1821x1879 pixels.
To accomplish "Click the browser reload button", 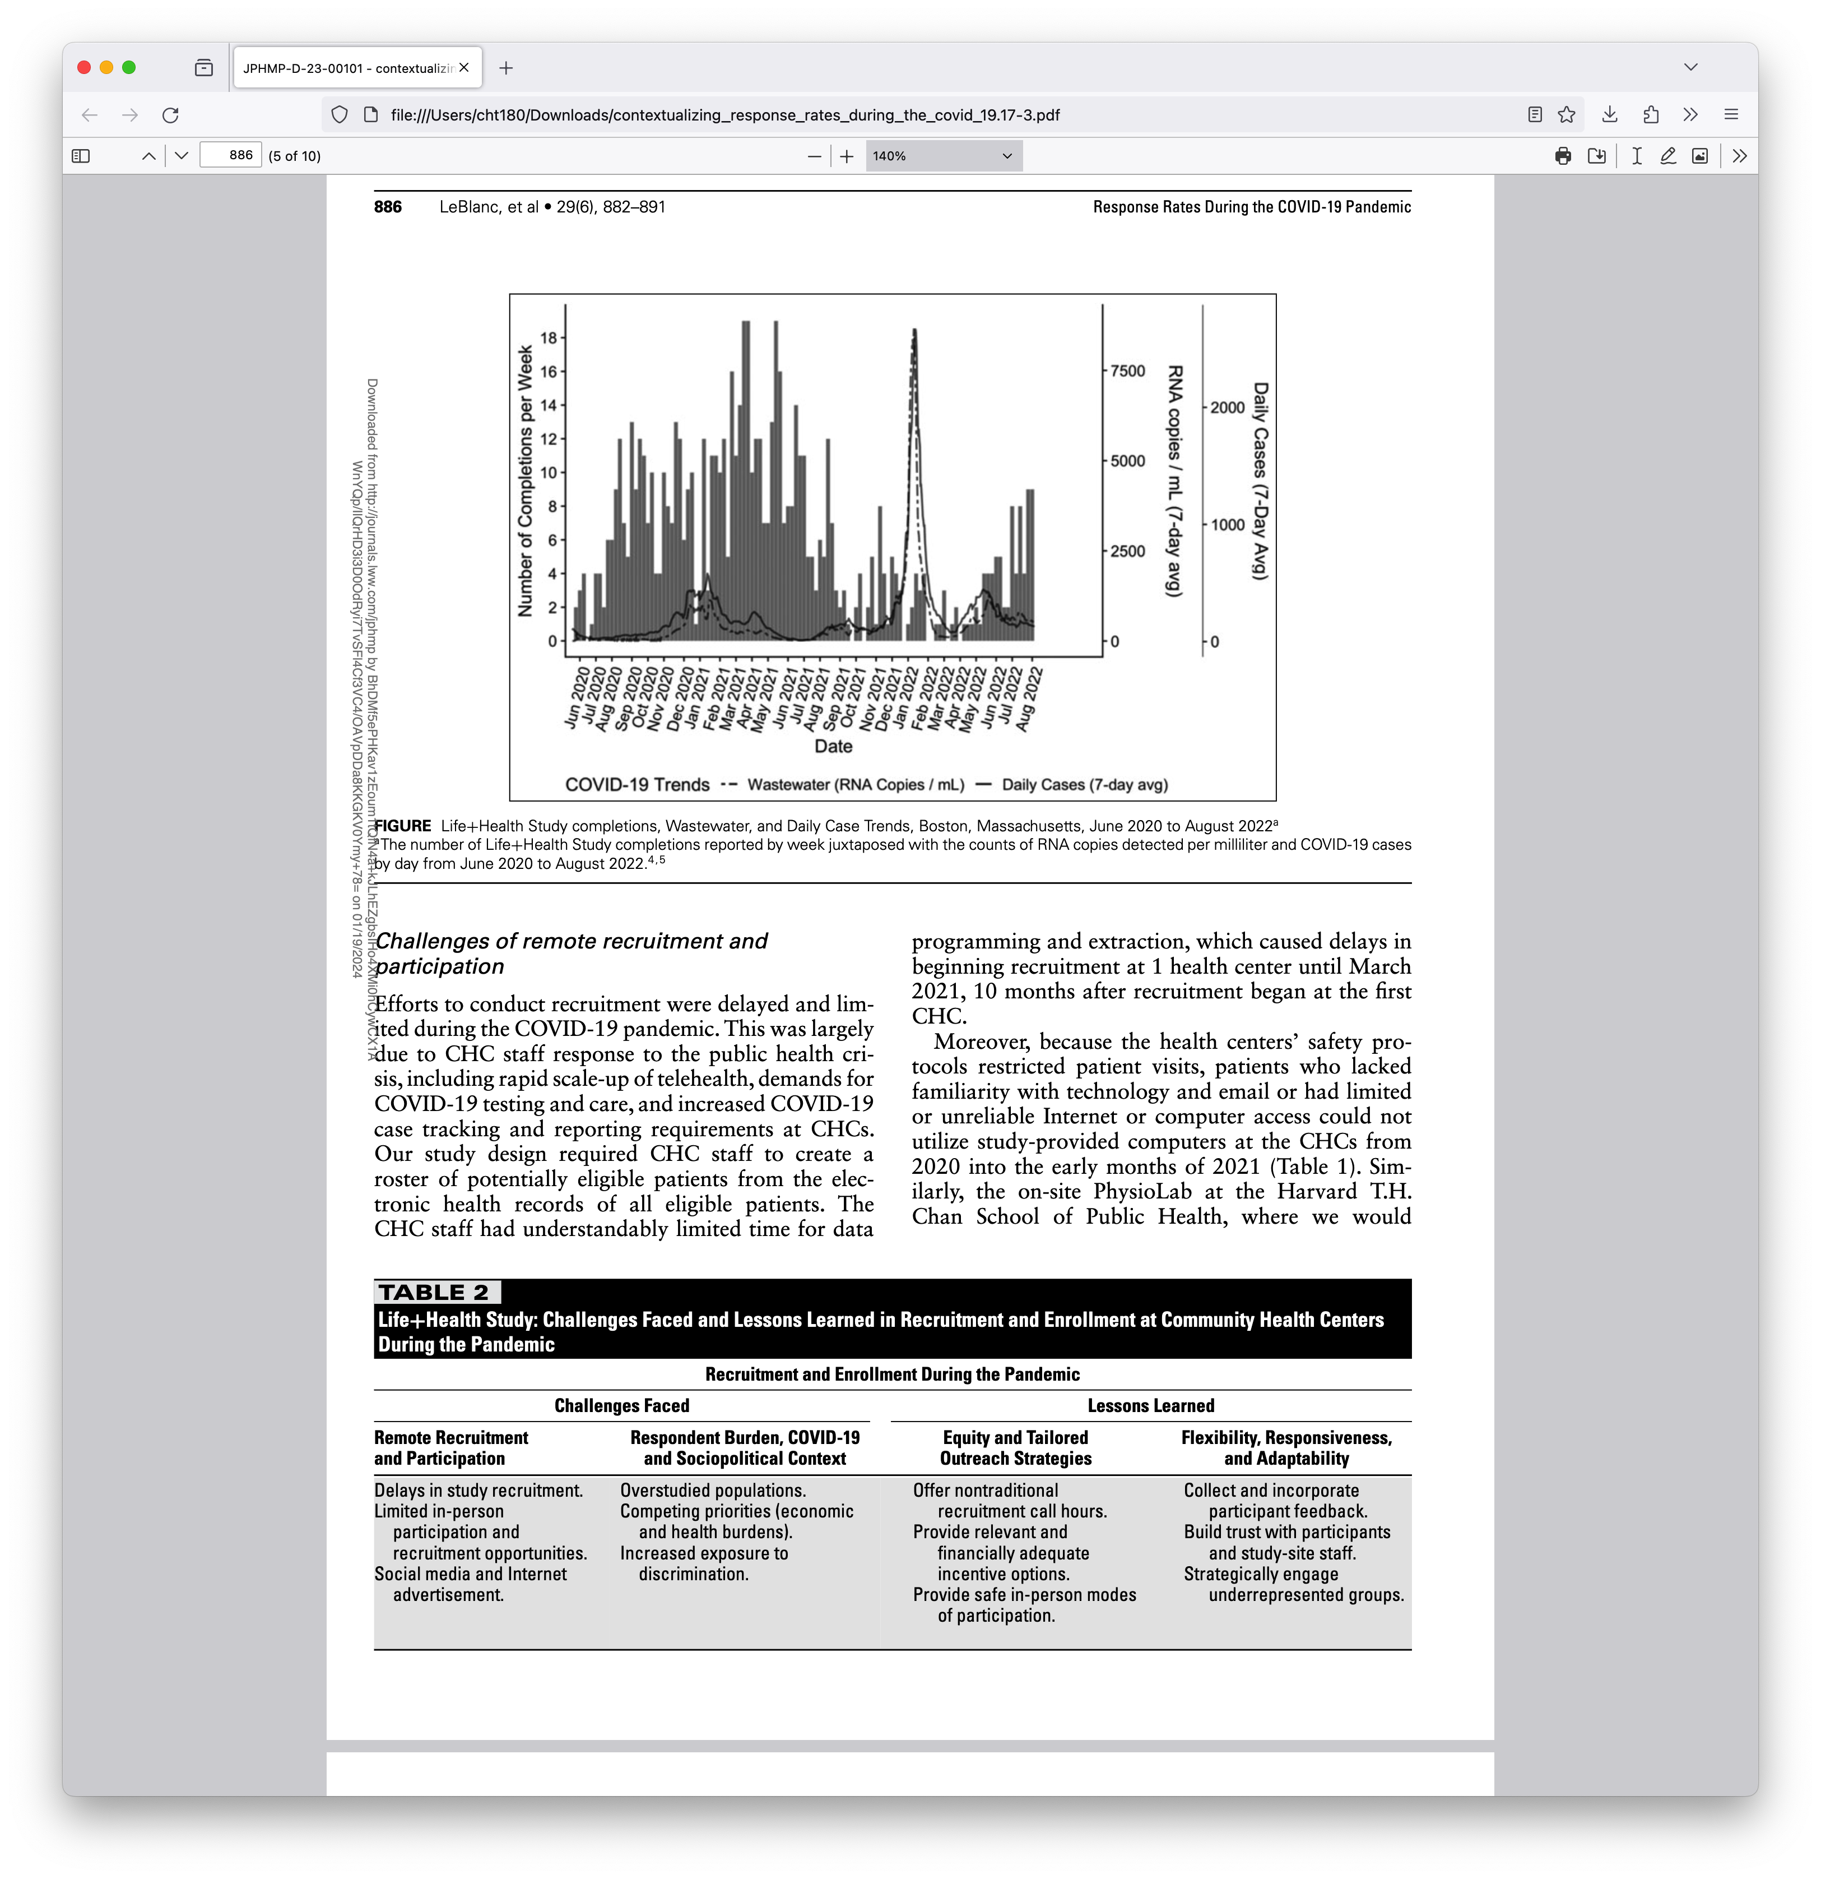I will [170, 115].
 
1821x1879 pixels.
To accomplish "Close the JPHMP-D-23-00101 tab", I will [464, 68].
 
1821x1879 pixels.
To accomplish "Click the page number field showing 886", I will [231, 155].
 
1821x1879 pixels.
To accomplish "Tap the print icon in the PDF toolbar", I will [1562, 155].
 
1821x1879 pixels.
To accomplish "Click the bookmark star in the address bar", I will [1566, 115].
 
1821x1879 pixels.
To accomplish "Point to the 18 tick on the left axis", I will [548, 337].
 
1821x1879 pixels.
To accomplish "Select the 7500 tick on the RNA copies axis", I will [1127, 371].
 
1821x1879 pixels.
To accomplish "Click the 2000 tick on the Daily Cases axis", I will [1227, 408].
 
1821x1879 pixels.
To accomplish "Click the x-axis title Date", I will [833, 746].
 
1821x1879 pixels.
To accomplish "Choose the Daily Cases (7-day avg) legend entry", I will [1084, 784].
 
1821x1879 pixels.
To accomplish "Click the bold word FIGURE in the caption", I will [402, 825].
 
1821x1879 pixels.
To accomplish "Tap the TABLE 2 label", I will [434, 1292].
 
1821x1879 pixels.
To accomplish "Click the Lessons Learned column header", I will [1150, 1405].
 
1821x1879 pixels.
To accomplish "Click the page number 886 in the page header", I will [388, 207].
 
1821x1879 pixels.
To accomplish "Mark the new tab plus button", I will [506, 68].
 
